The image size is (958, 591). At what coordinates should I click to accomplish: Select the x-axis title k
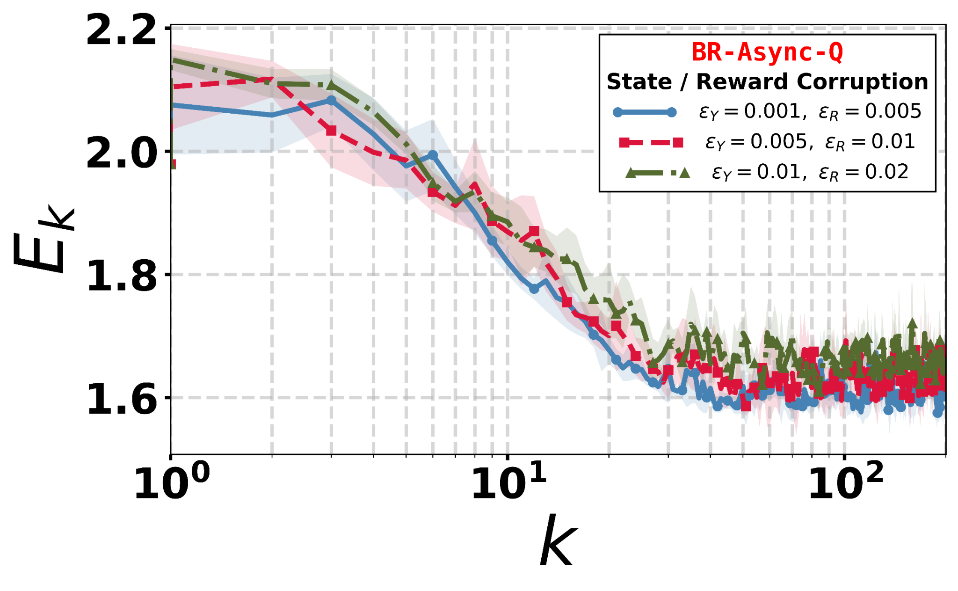coord(558,540)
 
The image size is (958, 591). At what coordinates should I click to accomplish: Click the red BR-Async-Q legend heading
coord(767,52)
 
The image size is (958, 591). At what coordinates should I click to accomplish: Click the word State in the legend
coord(639,82)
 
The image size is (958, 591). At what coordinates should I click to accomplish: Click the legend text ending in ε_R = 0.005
coord(810,112)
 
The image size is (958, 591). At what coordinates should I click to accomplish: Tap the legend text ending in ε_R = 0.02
coord(810,173)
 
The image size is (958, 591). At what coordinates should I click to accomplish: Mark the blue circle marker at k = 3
coord(331,101)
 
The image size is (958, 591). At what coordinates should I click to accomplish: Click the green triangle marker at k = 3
coord(331,85)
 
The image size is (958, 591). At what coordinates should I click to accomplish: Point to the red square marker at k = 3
coord(331,131)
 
